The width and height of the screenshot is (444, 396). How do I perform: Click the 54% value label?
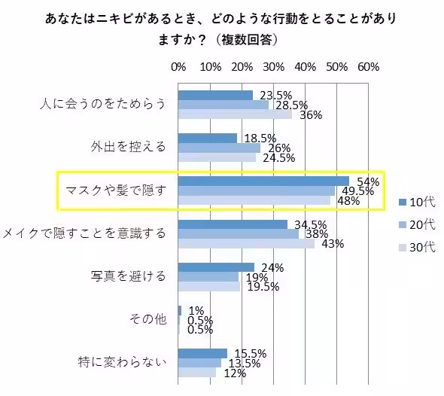(x=367, y=181)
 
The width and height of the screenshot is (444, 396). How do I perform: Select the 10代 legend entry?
(x=417, y=201)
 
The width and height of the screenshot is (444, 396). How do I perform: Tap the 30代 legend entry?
(x=417, y=248)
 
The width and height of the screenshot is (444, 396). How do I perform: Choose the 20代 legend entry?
(x=417, y=224)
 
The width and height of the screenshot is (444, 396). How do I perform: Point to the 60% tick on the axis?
(x=368, y=66)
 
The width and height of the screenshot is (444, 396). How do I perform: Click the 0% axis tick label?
(x=178, y=66)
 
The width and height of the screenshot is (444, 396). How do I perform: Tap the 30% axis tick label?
(x=273, y=66)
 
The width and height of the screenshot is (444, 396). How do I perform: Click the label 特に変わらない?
(x=122, y=363)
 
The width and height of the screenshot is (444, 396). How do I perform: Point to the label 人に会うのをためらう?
(x=102, y=104)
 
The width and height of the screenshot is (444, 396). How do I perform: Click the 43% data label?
(x=332, y=244)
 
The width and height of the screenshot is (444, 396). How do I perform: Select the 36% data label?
(x=310, y=114)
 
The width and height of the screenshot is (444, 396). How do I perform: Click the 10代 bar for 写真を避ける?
(x=216, y=267)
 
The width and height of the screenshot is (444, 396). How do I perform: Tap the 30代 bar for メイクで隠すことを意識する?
(x=246, y=244)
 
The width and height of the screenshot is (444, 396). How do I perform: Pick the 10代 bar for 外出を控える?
(x=208, y=138)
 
